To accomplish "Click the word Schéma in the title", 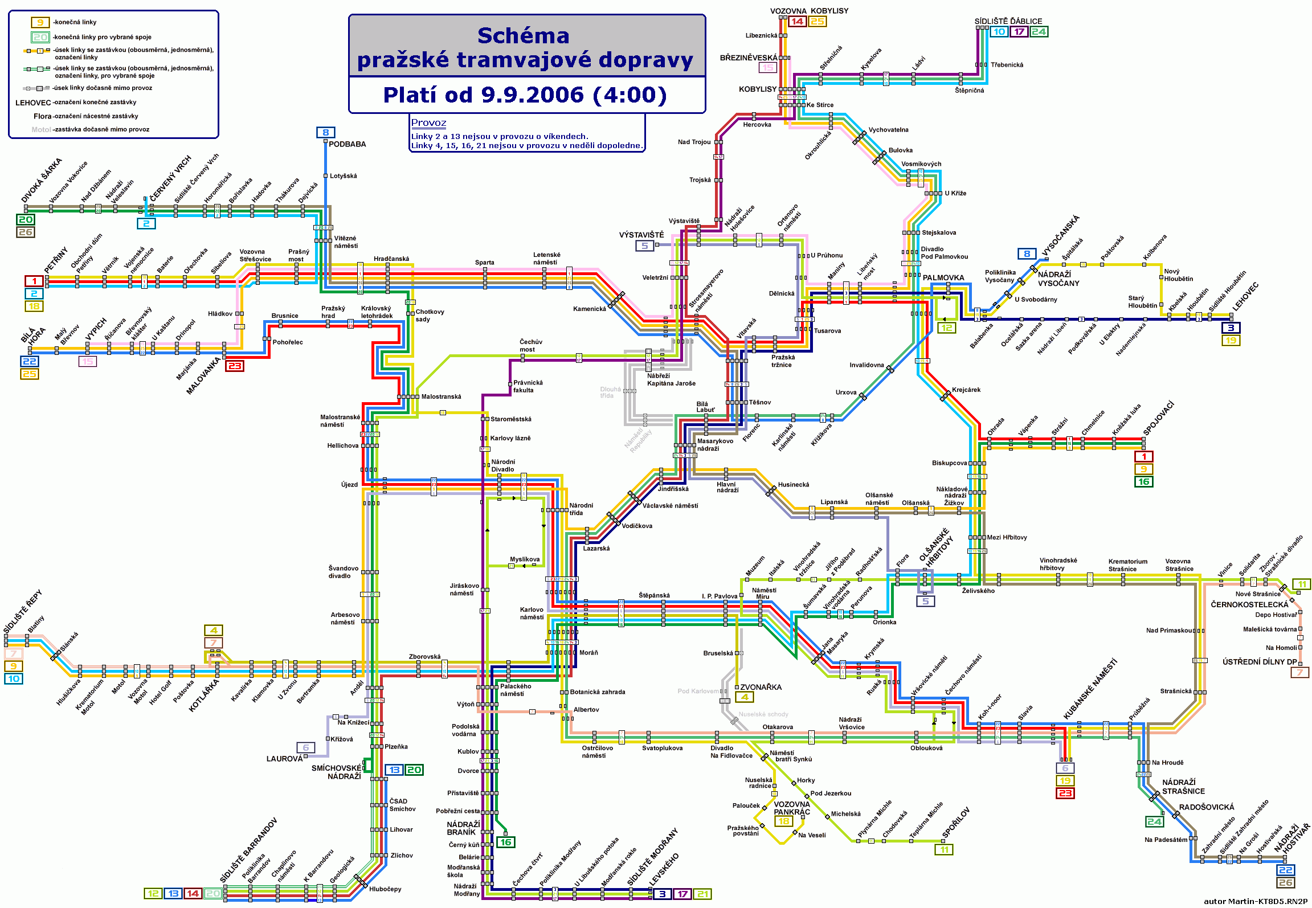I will (x=523, y=36).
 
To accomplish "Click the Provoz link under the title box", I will (x=428, y=122).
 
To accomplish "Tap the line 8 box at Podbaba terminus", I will (x=325, y=133).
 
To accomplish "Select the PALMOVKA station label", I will (x=943, y=278).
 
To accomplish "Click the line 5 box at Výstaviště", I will (x=645, y=246).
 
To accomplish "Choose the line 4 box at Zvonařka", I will (x=744, y=697).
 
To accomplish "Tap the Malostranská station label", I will (x=441, y=396).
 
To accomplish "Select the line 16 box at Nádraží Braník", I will (x=505, y=842).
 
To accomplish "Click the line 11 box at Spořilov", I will (x=944, y=850).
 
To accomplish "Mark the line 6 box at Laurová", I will (x=305, y=747).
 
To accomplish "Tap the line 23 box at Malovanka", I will (x=235, y=366).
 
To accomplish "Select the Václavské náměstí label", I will (x=670, y=506).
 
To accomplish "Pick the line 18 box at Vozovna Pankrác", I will (x=784, y=821).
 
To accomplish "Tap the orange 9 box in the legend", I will (x=40, y=22).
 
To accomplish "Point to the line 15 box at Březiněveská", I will (x=768, y=68).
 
